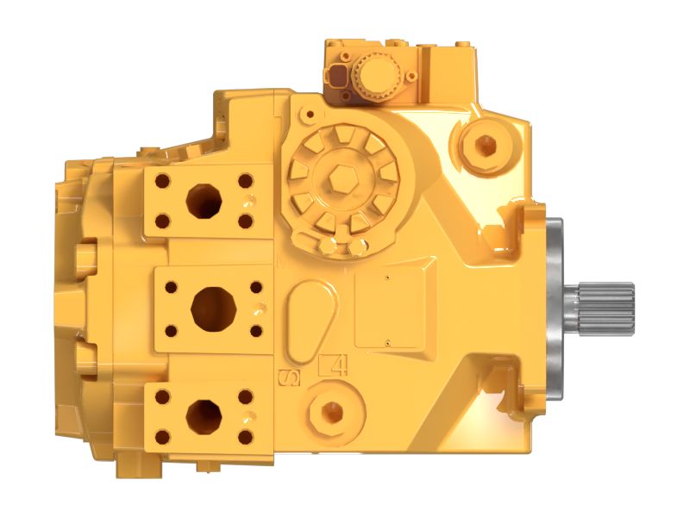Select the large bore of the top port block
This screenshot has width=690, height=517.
coord(204,202)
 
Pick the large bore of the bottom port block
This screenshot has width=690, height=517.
coord(204,416)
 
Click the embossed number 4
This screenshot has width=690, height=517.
coord(334,365)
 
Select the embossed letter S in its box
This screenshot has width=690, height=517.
coord(291,376)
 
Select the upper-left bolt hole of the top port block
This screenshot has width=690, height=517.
coord(161,181)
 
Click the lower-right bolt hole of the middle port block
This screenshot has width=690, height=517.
coord(256,330)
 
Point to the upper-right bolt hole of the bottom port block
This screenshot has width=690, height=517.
coord(245,396)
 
